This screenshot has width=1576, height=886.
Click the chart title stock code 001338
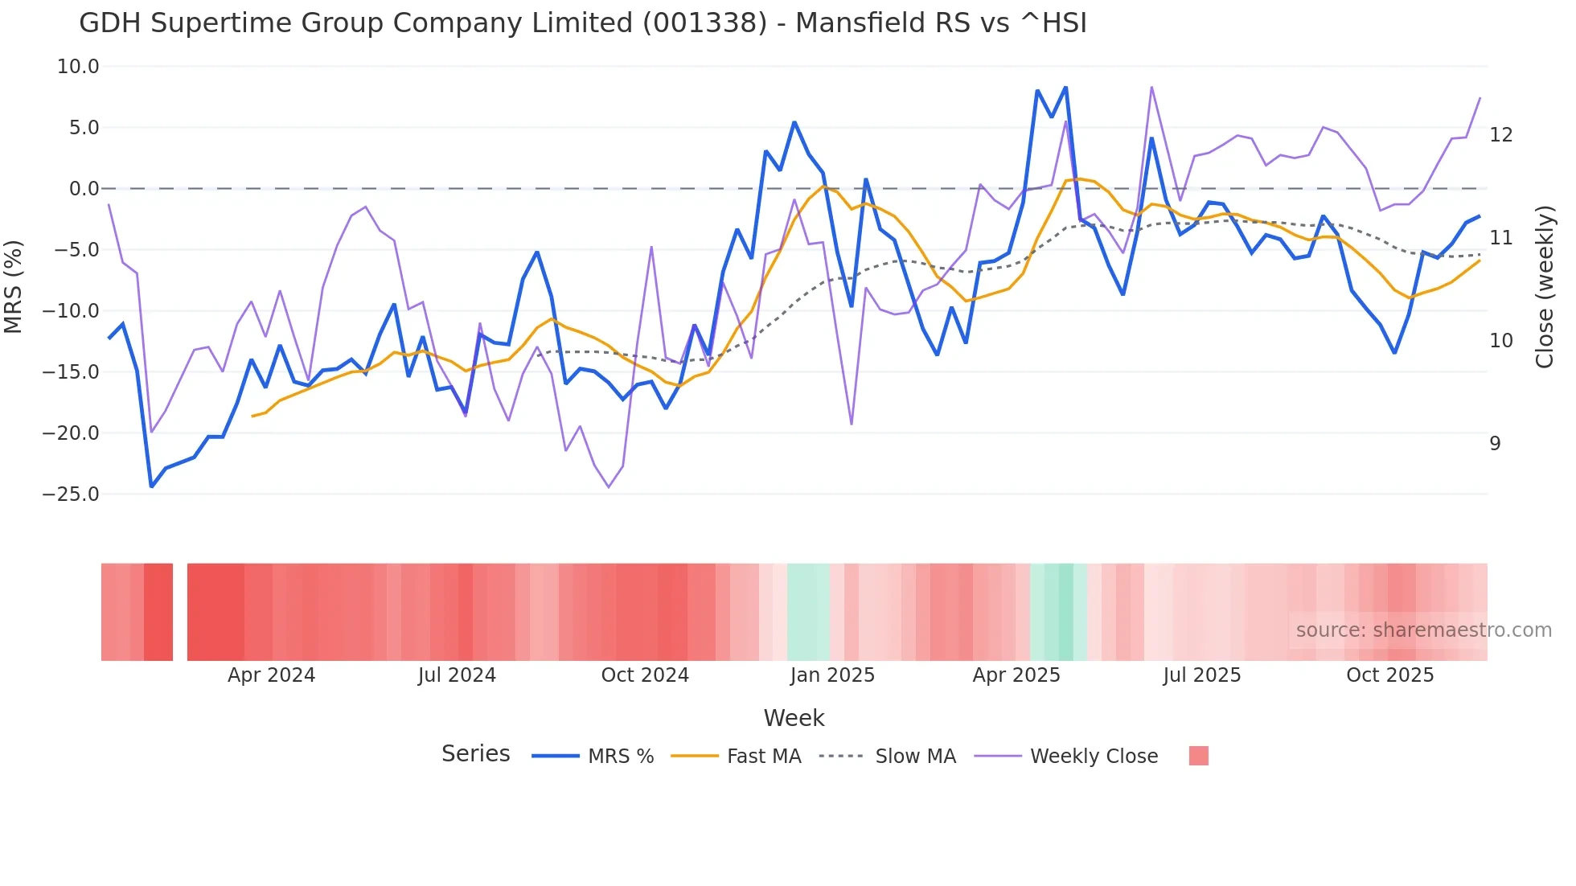click(x=705, y=23)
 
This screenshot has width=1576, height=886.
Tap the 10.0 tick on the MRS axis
click(x=78, y=67)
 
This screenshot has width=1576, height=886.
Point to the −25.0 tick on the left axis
click(x=71, y=494)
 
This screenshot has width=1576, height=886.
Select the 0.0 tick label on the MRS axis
click(x=84, y=189)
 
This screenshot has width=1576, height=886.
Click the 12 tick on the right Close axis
click(x=1500, y=135)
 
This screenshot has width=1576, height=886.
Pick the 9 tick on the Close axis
click(x=1495, y=444)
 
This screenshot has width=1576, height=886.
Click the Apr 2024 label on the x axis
click(x=271, y=675)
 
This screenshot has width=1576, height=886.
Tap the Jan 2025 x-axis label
click(x=832, y=675)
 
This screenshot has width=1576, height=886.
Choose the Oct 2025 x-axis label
click(x=1389, y=675)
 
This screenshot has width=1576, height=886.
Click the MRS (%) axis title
click(x=14, y=286)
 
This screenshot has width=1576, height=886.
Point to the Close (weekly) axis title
click(x=1544, y=287)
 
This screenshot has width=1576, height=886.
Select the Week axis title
click(x=794, y=718)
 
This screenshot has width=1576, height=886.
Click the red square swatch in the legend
click(x=1198, y=756)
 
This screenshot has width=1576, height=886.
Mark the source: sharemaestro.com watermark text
click(x=1423, y=630)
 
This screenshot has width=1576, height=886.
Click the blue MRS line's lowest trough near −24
click(x=151, y=486)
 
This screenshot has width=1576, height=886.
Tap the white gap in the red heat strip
click(x=180, y=612)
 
